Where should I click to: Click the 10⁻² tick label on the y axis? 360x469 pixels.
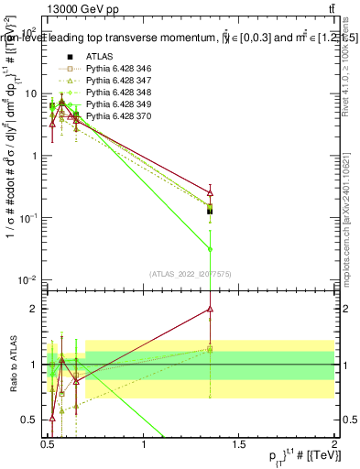tap(27, 279)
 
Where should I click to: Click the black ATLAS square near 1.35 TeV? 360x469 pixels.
tap(211, 211)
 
